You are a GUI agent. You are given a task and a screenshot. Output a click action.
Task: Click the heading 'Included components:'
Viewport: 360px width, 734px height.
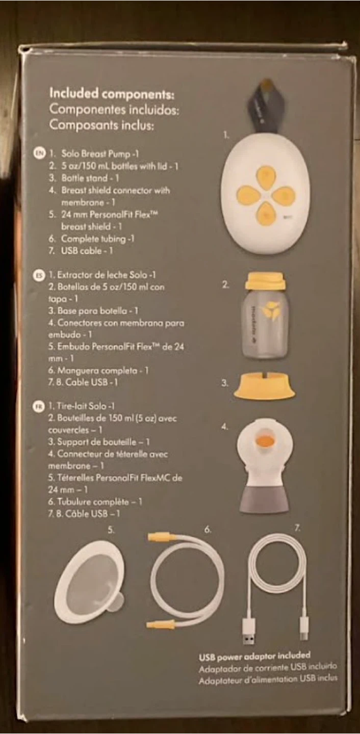point(112,94)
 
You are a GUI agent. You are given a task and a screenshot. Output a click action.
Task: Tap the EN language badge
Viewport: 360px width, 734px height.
point(39,153)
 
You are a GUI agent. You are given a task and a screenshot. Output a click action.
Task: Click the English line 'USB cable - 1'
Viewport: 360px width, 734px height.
point(87,251)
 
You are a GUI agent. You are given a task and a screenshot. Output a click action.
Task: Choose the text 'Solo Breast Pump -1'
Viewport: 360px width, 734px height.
point(100,154)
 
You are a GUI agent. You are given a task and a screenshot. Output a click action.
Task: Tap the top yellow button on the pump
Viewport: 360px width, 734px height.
point(265,173)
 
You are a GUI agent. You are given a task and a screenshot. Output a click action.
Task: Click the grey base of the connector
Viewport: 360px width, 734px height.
point(265,500)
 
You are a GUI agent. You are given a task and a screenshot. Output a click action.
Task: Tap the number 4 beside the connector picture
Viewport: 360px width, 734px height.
point(224,427)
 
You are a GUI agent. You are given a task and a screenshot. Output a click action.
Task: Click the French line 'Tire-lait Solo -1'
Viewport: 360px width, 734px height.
point(81,406)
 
